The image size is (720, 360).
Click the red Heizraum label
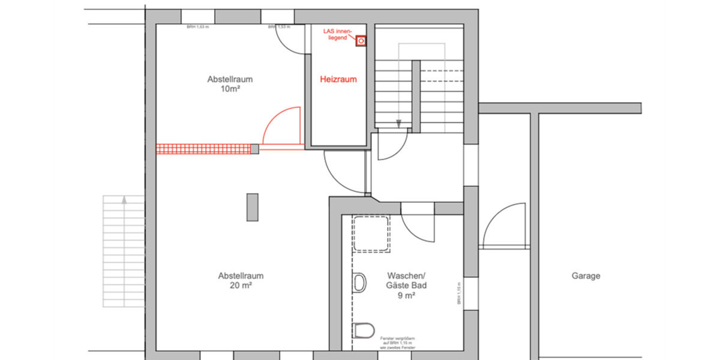[338, 79]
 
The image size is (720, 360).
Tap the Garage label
[585, 276]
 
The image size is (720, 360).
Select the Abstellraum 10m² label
[229, 84]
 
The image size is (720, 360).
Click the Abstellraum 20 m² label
[241, 281]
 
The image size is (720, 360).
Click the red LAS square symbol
[361, 41]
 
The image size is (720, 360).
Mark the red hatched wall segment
[203, 149]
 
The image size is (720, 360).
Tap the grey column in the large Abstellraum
[253, 207]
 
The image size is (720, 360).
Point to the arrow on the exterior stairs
[124, 200]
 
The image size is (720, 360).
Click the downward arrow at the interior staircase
[398, 124]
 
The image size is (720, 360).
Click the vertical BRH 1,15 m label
[459, 293]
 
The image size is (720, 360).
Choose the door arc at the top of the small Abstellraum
[290, 42]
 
